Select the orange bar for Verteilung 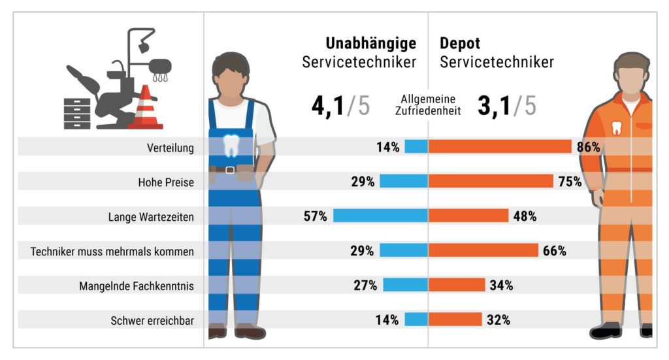point(500,147)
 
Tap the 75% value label point(570,182)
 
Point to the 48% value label point(524,216)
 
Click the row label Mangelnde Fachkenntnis point(137,286)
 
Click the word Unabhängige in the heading point(370,44)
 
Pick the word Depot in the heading point(460,44)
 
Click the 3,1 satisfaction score point(495,106)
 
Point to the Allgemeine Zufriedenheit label point(428,105)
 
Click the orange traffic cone point(145,108)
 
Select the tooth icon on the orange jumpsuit point(616,127)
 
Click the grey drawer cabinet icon point(77,114)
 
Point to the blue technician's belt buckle point(230,170)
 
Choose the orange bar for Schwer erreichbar point(455,320)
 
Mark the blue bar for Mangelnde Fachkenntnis point(405,286)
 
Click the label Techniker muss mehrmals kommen point(112,251)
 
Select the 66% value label point(554,251)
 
